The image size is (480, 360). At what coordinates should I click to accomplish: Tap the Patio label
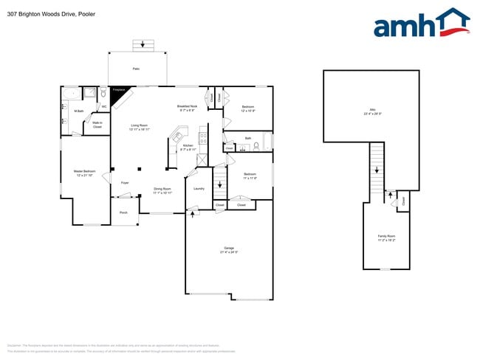[136, 69]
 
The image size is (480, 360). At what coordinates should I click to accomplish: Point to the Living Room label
[140, 127]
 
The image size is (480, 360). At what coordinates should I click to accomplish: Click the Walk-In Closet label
[97, 125]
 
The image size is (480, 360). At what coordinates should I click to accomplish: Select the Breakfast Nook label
[187, 108]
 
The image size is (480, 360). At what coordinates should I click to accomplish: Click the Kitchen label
[188, 147]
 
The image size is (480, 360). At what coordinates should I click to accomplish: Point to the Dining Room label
[162, 190]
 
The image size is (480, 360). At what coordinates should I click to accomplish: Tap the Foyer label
[125, 181]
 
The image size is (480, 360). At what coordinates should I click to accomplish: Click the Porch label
[123, 212]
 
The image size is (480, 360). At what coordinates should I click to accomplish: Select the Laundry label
[199, 189]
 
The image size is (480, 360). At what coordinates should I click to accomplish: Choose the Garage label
[229, 249]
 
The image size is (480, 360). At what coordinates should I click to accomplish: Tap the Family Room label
[386, 238]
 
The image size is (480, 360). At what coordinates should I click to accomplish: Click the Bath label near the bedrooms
[248, 138]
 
